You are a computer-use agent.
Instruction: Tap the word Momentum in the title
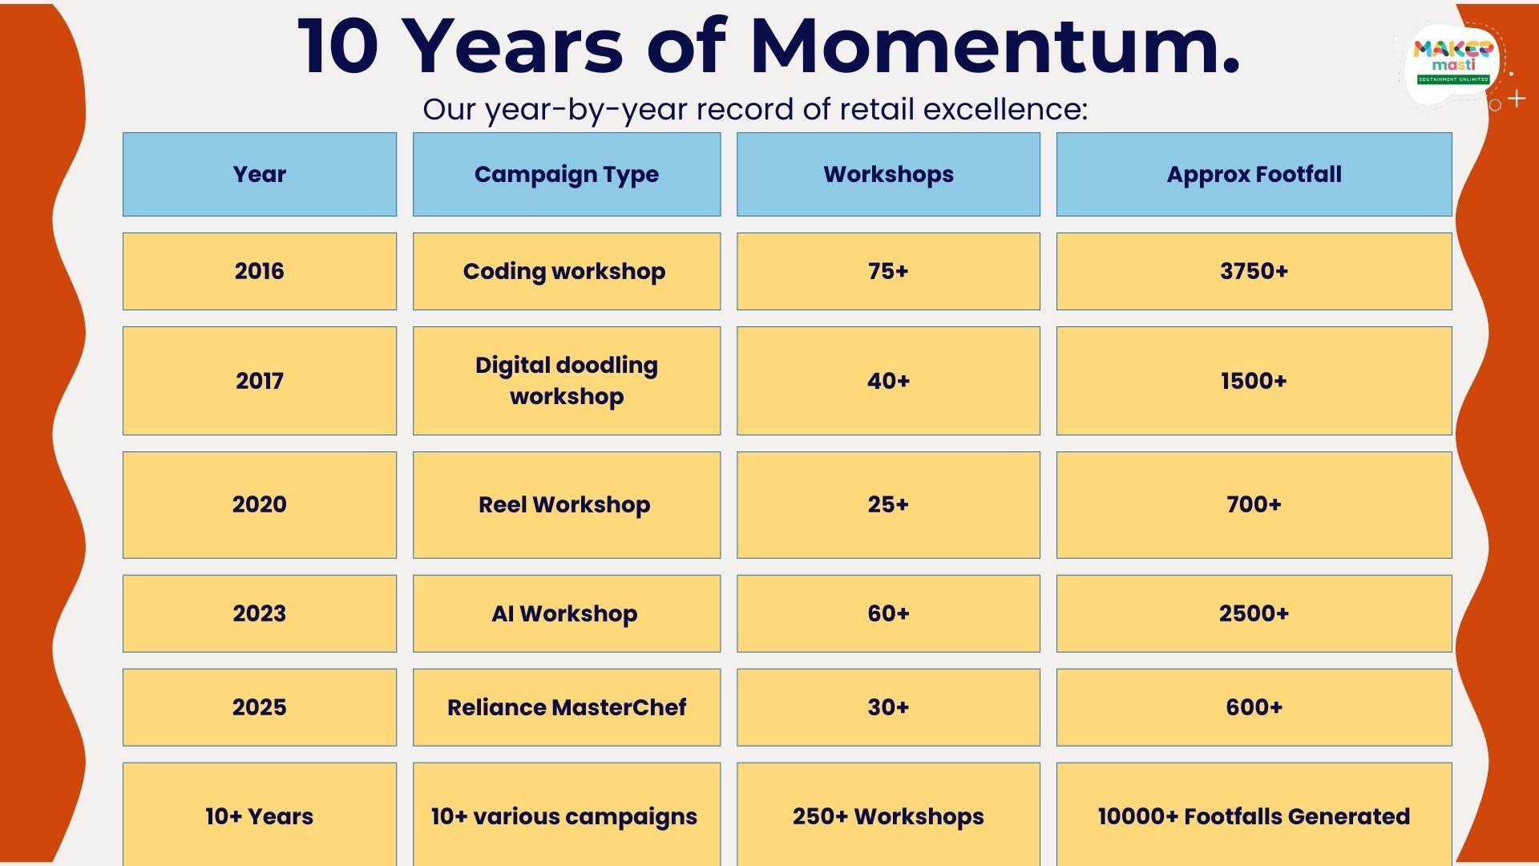994,46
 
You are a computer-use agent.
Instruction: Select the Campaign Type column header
567,174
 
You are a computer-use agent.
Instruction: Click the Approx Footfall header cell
1254,174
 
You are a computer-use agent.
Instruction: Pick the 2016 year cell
260,271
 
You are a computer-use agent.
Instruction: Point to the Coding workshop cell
567,271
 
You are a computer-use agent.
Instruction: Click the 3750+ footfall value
1254,271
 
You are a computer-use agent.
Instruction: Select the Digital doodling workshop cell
567,381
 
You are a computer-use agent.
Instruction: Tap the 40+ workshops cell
888,381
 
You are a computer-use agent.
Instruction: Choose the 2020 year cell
260,504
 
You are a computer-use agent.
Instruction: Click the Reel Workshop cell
567,504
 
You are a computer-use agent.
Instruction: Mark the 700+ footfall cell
1254,504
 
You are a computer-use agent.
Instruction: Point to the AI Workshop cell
567,613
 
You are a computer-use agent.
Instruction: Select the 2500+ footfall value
1254,613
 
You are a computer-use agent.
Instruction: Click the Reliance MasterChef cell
567,707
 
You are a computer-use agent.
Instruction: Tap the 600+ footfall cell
1254,707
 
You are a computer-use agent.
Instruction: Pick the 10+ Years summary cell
260,815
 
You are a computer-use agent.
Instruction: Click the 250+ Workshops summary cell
888,815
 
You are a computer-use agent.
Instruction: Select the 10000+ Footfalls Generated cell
1254,815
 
